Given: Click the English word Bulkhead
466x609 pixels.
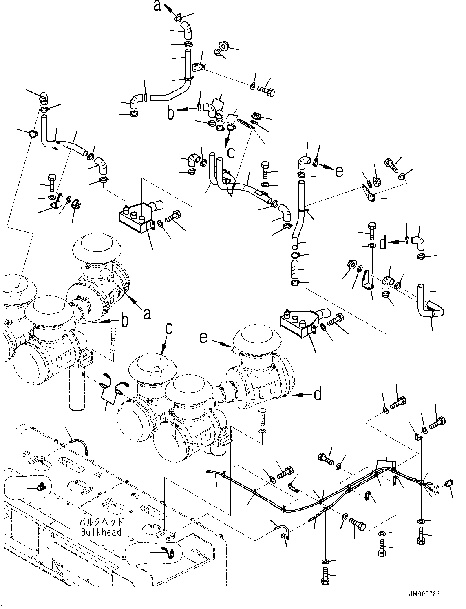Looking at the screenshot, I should [x=101, y=532].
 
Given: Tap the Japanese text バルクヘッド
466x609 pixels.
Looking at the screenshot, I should [x=101, y=523].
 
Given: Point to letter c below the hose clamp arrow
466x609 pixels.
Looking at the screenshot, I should [x=231, y=152].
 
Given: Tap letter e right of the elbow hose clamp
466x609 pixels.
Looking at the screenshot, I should [x=339, y=172].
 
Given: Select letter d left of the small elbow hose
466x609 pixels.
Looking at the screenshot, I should [x=382, y=243].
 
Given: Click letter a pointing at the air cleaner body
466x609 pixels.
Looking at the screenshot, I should [x=147, y=313].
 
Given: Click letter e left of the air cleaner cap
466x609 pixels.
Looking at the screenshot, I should [x=203, y=338].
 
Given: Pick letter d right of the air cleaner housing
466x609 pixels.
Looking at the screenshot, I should [x=317, y=394].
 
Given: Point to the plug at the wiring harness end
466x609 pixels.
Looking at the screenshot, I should [x=449, y=483].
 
